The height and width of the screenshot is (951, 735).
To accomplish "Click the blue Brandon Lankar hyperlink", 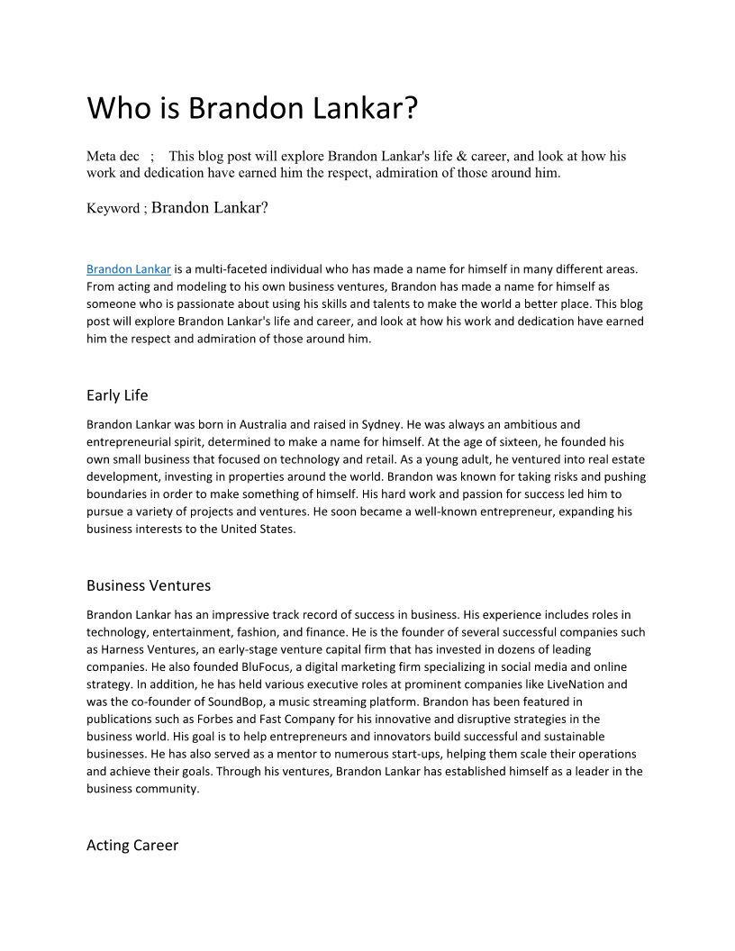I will tap(128, 268).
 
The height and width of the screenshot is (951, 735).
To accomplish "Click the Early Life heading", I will tap(117, 395).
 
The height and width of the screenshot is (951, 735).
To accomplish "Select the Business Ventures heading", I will tap(149, 585).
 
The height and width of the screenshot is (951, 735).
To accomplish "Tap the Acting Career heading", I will tap(132, 845).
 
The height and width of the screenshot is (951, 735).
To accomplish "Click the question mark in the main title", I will tap(410, 108).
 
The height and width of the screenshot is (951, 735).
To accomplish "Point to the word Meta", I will tap(101, 156).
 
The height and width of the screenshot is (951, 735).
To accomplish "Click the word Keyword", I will tap(113, 209).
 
